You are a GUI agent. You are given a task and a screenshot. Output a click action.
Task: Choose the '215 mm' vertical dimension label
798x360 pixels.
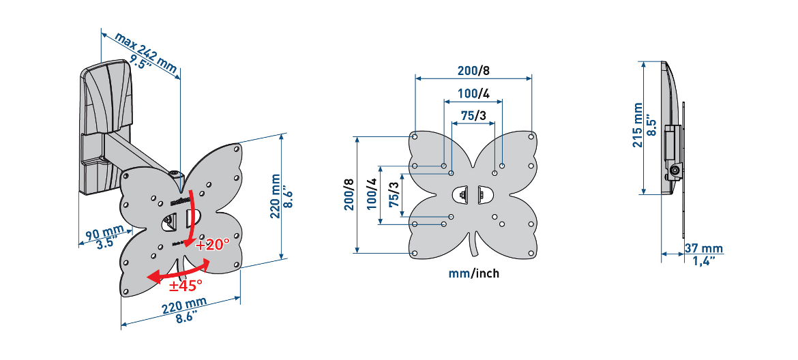(x=637, y=127)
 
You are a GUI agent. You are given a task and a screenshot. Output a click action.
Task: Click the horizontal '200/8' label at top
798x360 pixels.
(x=473, y=70)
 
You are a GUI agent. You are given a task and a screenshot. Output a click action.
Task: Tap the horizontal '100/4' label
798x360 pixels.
(x=473, y=93)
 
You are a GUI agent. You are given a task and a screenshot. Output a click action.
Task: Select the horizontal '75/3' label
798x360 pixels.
(x=473, y=116)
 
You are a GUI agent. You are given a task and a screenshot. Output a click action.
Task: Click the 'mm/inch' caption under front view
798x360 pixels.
(x=473, y=273)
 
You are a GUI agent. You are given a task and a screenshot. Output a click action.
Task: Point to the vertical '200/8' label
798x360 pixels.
(x=349, y=194)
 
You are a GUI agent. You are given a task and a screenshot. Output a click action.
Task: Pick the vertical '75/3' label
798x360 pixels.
(x=394, y=198)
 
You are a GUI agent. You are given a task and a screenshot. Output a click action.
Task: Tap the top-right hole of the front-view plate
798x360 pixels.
(x=531, y=136)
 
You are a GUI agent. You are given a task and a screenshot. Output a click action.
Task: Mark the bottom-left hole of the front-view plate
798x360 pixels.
(x=415, y=253)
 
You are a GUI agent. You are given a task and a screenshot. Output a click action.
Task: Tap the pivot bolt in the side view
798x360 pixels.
(x=675, y=171)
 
